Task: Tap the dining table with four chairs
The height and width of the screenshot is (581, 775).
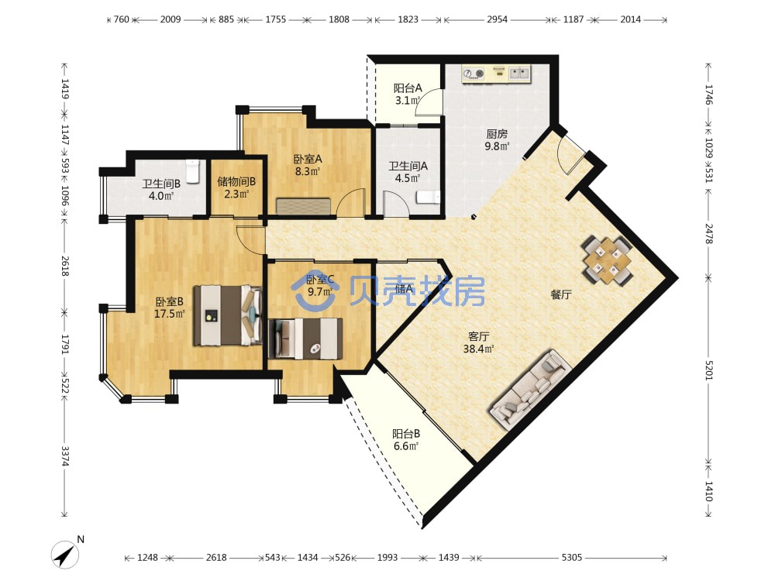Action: [608, 260]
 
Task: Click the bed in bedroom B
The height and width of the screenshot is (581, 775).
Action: [228, 315]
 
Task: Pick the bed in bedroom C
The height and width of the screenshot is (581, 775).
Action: [305, 339]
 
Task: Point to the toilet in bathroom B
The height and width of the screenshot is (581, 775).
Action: [193, 170]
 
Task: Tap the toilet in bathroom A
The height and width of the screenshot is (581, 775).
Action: [428, 197]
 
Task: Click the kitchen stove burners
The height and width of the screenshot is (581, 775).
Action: [473, 74]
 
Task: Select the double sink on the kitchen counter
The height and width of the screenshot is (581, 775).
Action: [518, 74]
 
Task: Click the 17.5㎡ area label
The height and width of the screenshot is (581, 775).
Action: [170, 314]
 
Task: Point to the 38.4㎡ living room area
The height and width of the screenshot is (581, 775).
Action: [478, 349]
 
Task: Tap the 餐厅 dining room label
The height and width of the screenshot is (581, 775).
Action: [561, 295]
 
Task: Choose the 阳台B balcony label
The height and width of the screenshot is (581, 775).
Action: [406, 434]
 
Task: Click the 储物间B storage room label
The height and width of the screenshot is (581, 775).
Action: [236, 182]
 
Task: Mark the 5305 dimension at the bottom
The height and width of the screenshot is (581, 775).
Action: [571, 557]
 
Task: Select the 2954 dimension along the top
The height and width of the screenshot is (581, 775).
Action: [498, 19]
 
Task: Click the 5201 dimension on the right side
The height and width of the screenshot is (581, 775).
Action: [709, 370]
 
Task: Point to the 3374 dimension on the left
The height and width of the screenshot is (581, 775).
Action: [65, 456]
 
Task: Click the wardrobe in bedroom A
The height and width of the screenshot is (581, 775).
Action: [304, 207]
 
